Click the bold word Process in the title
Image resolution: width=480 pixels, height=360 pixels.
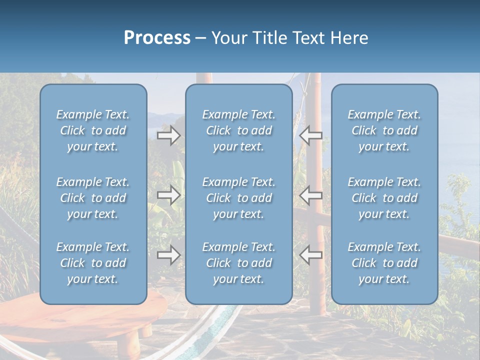coord(157,38)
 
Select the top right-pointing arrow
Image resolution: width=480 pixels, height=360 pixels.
coord(168,135)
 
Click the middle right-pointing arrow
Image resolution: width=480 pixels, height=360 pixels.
coord(168,195)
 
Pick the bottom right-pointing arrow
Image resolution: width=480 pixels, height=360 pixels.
coord(168,255)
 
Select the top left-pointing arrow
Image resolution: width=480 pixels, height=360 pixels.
coord(311,135)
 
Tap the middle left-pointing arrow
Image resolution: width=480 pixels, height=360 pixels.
coord(311,195)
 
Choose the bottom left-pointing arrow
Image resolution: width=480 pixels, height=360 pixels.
coord(311,255)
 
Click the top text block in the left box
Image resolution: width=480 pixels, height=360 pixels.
coord(93,130)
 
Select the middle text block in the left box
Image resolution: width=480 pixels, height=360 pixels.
coord(93,198)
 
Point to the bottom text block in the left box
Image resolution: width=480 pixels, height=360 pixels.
coord(93,263)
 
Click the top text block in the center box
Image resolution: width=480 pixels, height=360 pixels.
coord(238,130)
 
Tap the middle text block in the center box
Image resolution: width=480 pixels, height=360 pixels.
coord(238,198)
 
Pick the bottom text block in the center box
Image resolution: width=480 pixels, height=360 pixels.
coord(238,263)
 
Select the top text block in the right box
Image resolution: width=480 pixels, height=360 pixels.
coord(384,130)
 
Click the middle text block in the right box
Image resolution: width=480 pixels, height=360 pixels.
coord(384,198)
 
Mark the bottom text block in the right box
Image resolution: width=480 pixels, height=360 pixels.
coord(384,263)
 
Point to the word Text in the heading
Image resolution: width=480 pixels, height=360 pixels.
coord(309,38)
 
